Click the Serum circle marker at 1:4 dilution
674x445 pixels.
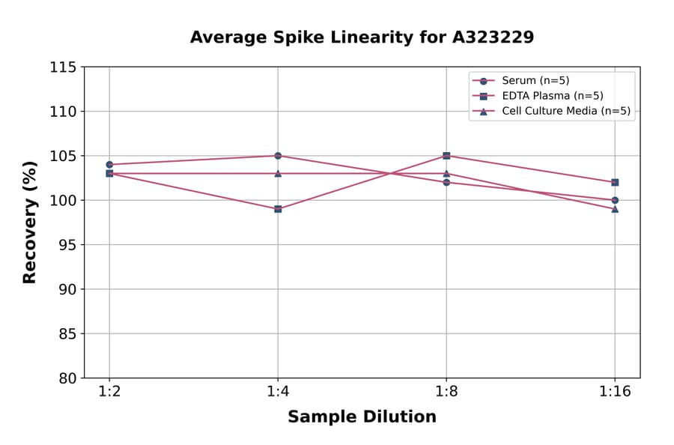pyautogui.click(x=278, y=156)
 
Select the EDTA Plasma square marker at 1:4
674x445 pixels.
pyautogui.click(x=278, y=209)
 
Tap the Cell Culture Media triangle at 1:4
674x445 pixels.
pyautogui.click(x=278, y=173)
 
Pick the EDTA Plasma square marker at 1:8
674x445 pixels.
pyautogui.click(x=446, y=156)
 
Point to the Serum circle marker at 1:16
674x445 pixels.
pyautogui.click(x=615, y=200)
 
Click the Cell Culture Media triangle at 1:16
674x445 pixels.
pyautogui.click(x=615, y=209)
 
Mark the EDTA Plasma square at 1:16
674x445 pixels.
pyautogui.click(x=615, y=182)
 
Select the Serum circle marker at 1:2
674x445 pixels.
pyautogui.click(x=109, y=165)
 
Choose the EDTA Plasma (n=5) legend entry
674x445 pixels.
pyautogui.click(x=552, y=96)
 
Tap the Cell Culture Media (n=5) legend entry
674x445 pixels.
pyautogui.click(x=565, y=111)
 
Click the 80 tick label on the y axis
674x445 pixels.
pyautogui.click(x=67, y=378)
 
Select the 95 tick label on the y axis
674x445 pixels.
pyautogui.click(x=67, y=245)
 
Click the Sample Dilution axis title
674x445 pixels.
pyautogui.click(x=362, y=417)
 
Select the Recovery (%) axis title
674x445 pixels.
pyautogui.click(x=30, y=222)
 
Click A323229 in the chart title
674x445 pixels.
pyautogui.click(x=492, y=37)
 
